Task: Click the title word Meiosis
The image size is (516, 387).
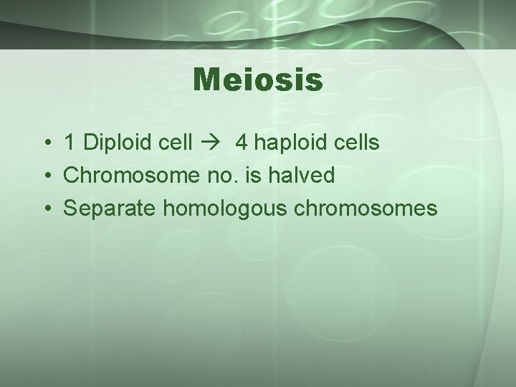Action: pos(258,80)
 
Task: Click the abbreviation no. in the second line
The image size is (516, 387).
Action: pos(208,176)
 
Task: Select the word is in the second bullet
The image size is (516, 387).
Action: pos(241,176)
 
